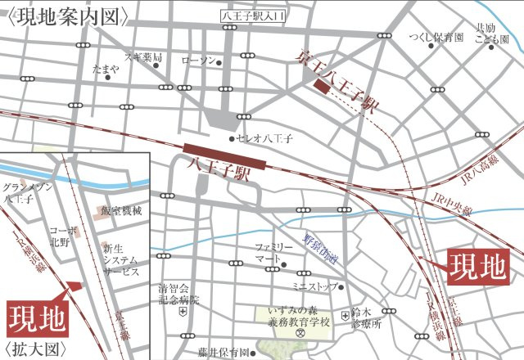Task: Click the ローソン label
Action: click(x=197, y=61)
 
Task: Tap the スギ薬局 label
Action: click(x=142, y=57)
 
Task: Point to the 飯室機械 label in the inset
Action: click(x=122, y=211)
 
